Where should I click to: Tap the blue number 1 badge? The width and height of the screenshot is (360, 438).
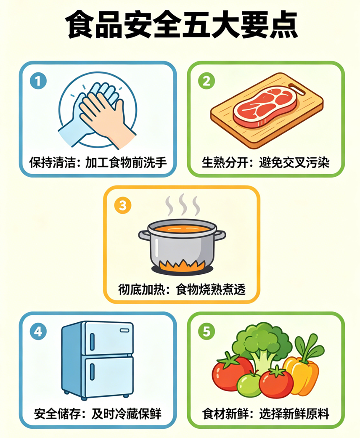38,81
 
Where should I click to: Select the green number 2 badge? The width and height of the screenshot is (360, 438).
206,81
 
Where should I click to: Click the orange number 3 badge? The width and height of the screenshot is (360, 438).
123,206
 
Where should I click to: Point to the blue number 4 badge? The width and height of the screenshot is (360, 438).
38,332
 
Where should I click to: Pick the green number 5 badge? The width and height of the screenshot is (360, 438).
206,332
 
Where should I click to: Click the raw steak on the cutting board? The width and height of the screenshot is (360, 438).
265,107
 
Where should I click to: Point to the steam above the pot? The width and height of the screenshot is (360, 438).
183,205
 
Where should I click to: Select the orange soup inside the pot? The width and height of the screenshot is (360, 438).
182,229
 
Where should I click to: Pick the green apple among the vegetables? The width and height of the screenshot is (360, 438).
249,384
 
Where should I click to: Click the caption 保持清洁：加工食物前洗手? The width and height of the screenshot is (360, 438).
98,162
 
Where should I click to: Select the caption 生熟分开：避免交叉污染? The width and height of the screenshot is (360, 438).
266,162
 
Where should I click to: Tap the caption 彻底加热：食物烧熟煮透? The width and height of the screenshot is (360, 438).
182,289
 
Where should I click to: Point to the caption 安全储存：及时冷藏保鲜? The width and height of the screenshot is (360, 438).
98,414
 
